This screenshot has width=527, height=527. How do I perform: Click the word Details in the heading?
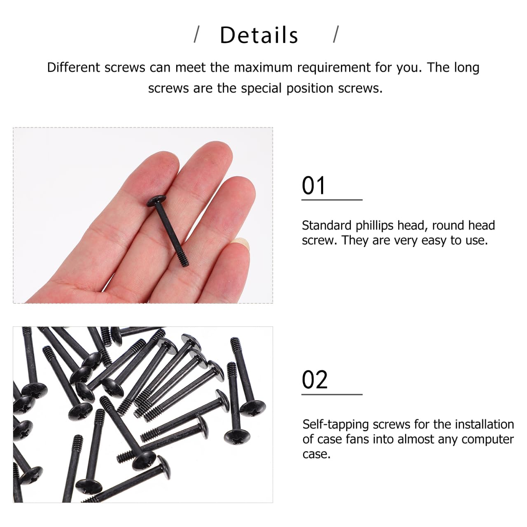[259, 35]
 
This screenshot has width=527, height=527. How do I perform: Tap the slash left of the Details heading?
[197, 35]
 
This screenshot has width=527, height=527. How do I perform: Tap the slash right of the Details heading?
[336, 35]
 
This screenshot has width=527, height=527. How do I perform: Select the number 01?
[314, 186]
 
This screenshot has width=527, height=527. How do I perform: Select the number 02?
[315, 380]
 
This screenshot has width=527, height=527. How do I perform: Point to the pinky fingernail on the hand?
[240, 244]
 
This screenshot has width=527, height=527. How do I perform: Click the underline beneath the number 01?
[332, 200]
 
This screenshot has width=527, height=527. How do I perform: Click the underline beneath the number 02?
[332, 394]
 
